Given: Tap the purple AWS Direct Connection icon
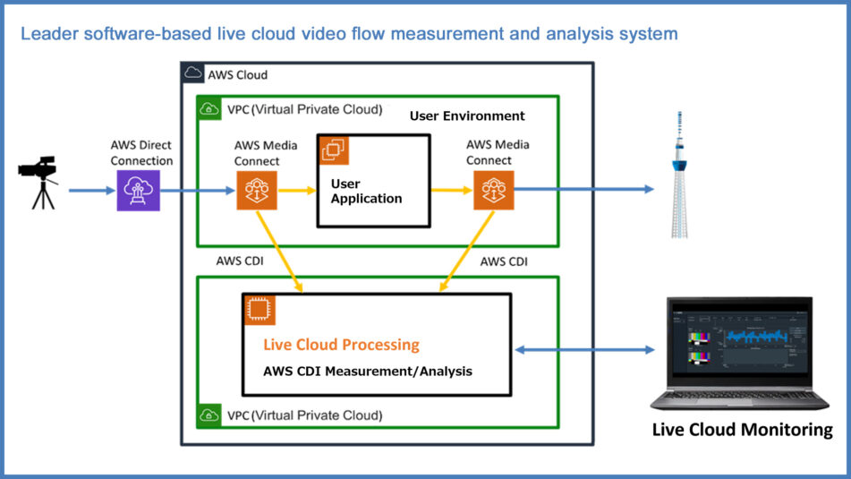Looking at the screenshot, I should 138,190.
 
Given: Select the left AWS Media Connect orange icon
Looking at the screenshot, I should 257,190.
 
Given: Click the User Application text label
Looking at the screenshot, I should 366,191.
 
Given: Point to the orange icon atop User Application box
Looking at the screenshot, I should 335,150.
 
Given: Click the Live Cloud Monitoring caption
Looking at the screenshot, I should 742,430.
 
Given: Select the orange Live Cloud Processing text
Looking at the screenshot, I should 341,345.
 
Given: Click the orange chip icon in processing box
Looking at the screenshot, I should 260,309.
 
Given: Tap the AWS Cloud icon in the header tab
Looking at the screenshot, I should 193,74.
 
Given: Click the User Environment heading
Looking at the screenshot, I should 467,115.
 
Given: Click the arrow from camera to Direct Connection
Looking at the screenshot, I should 90,190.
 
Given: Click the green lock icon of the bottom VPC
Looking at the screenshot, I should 210,415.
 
